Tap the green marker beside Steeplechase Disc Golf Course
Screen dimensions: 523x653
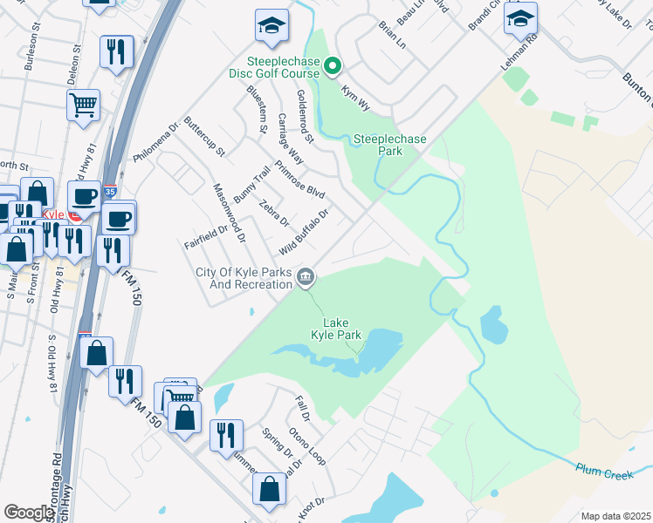pyautogui.click(x=333, y=65)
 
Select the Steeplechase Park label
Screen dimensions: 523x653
pyautogui.click(x=377, y=145)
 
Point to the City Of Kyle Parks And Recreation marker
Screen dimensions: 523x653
pyautogui.click(x=306, y=278)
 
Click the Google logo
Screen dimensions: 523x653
pyautogui.click(x=28, y=513)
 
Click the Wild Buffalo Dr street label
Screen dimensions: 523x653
pyautogui.click(x=304, y=232)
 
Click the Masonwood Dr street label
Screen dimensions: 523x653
pyautogui.click(x=230, y=213)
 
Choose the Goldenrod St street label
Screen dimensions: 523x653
pyautogui.click(x=305, y=117)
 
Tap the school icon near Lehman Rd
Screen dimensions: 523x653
pyautogui.click(x=520, y=20)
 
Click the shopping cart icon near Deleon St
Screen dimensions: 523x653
pyautogui.click(x=83, y=105)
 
